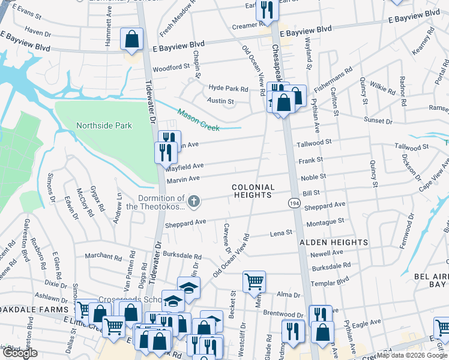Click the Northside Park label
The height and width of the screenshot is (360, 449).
coord(103,126)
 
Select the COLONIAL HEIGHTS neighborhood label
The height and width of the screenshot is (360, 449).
coord(253,191)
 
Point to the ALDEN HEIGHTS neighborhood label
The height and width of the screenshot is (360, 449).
coord(334,242)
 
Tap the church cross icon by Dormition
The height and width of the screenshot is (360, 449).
coord(193,202)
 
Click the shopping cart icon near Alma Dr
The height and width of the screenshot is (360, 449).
coord(255,281)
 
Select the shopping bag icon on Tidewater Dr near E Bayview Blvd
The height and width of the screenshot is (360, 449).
coord(131,40)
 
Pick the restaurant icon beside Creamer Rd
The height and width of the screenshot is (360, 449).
coord(265,10)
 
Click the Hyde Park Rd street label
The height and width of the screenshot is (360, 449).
coord(228,88)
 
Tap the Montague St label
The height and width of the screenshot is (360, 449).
coord(324,221)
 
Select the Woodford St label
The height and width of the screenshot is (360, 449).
coord(171,68)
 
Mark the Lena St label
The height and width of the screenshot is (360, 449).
coord(280,233)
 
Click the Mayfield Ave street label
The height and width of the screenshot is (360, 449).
coord(185,166)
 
